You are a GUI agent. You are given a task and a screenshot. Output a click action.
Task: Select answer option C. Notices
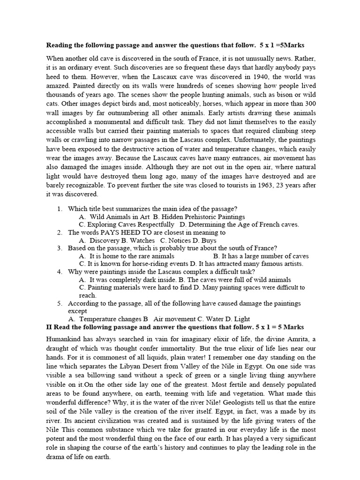[165, 240]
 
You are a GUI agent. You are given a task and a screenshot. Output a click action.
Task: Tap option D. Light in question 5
[212, 319]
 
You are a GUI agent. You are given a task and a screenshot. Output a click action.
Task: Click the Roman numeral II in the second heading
[49, 326]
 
